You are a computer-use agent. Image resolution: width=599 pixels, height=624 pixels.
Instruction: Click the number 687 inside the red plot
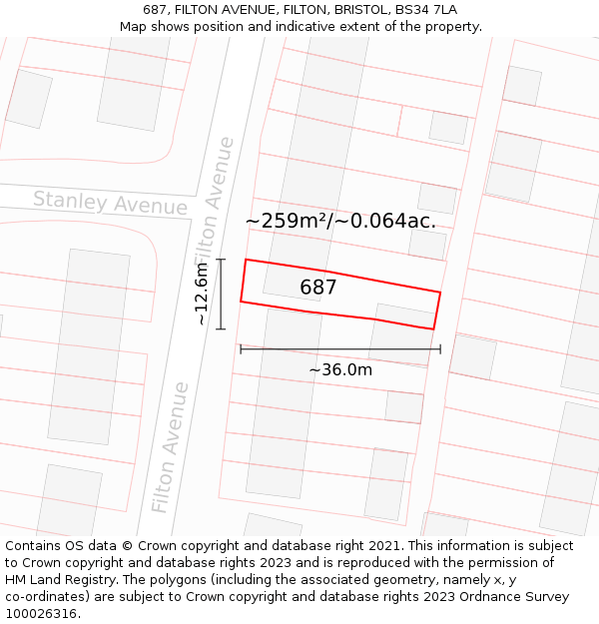(x=318, y=288)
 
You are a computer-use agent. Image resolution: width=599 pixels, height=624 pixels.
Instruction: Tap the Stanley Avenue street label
(x=110, y=202)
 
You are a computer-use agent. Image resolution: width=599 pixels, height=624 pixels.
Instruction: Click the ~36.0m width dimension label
(x=340, y=370)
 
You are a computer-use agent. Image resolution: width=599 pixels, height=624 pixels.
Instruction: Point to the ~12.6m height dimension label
(x=202, y=294)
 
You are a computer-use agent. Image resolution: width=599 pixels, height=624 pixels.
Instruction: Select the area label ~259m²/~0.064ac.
(x=340, y=221)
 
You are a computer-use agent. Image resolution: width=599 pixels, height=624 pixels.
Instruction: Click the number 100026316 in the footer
(x=41, y=613)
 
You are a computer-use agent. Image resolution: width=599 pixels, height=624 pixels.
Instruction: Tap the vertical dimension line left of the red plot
(x=221, y=294)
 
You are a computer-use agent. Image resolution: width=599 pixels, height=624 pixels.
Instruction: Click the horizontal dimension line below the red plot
(x=340, y=349)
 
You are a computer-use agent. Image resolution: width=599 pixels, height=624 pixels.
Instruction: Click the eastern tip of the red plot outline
(x=440, y=293)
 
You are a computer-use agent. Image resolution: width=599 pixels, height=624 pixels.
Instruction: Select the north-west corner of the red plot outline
(x=246, y=260)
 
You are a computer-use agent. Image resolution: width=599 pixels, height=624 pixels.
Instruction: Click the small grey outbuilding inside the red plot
(x=404, y=316)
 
